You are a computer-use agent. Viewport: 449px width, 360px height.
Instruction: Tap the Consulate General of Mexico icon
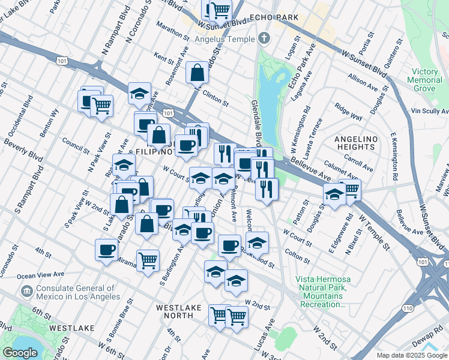[x=26, y=291]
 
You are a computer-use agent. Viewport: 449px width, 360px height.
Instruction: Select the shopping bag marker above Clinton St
[x=197, y=73]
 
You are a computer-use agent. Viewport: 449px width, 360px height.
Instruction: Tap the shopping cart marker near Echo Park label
[x=220, y=10]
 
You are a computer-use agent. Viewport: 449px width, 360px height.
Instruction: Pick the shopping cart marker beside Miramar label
[x=148, y=260]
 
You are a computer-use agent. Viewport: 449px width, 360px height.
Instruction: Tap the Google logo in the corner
[x=20, y=353]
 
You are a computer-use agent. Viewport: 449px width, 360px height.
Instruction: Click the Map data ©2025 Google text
[x=412, y=355]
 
